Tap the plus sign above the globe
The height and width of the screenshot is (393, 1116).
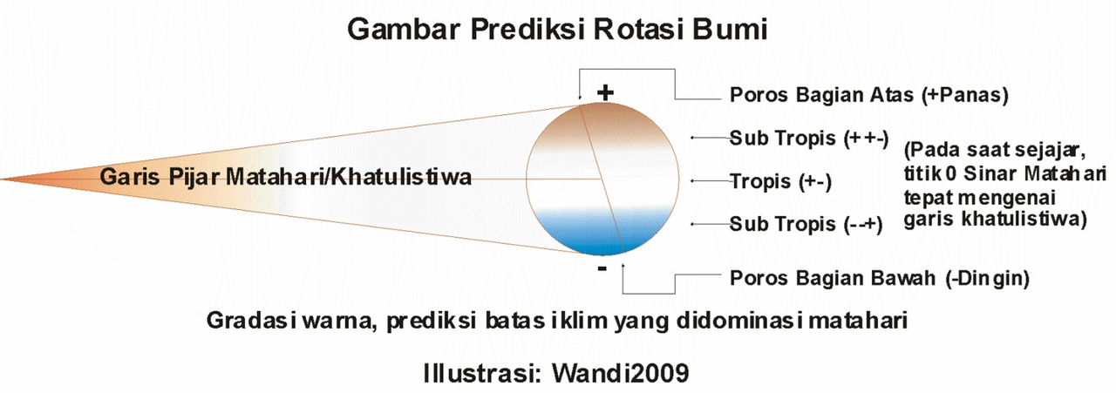point(605,91)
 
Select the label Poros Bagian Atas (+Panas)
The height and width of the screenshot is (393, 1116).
point(868,95)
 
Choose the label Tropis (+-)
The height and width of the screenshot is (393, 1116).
point(781,181)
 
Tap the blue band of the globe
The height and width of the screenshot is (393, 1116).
point(602,231)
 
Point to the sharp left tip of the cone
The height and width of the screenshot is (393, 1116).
point(3,180)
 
